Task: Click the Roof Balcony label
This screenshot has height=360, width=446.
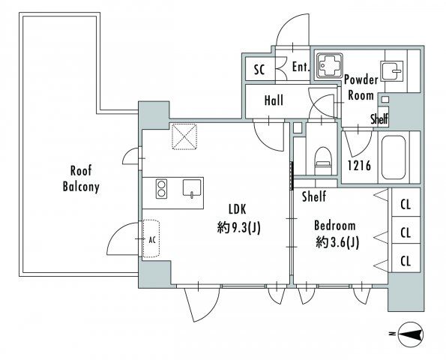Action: point(81,179)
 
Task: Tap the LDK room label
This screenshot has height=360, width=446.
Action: point(237,209)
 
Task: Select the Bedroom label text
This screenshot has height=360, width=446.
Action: point(335,226)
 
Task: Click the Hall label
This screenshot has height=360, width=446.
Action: point(274,100)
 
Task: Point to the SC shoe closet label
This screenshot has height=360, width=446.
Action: point(259,70)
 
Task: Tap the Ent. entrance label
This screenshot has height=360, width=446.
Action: point(301,67)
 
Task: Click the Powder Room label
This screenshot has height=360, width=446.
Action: point(361,87)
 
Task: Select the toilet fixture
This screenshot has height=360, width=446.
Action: point(323,160)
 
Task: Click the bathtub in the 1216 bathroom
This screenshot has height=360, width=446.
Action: point(394,157)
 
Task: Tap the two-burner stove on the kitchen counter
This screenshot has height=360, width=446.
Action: point(161,188)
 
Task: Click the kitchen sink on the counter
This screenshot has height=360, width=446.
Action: point(192,187)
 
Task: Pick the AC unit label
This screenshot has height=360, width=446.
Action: point(152,240)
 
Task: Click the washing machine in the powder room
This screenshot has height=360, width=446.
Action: point(329,65)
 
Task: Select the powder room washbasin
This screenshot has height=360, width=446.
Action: point(391,70)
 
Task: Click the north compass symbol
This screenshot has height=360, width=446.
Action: point(411,334)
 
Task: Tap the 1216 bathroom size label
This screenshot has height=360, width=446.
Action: point(360,165)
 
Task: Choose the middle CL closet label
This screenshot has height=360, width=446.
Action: point(406,232)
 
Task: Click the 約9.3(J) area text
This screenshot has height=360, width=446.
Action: point(238,228)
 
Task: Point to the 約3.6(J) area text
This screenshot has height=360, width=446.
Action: point(337,243)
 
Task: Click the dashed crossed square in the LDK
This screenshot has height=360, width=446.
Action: point(184,136)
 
